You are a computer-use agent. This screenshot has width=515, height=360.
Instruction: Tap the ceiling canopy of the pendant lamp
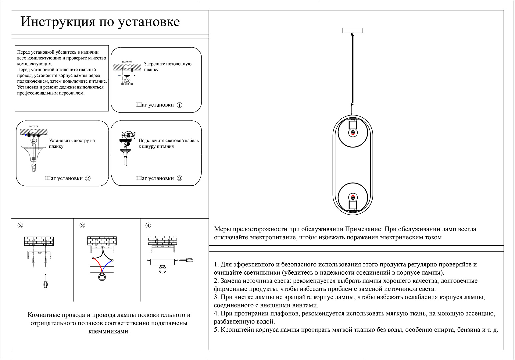353,31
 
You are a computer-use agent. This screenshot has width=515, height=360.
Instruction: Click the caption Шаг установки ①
159,105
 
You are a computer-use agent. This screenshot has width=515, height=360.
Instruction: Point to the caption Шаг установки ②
68,178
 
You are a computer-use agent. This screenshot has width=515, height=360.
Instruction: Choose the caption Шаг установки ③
159,178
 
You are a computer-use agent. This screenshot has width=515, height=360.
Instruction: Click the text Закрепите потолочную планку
168,67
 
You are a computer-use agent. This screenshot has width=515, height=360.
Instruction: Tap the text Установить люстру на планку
72,143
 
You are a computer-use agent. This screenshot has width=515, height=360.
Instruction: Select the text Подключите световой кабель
168,141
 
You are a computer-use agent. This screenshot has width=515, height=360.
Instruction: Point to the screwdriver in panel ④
186,260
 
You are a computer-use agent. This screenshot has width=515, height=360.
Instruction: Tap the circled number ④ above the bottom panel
148,226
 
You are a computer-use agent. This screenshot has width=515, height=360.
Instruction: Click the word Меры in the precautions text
222,229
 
